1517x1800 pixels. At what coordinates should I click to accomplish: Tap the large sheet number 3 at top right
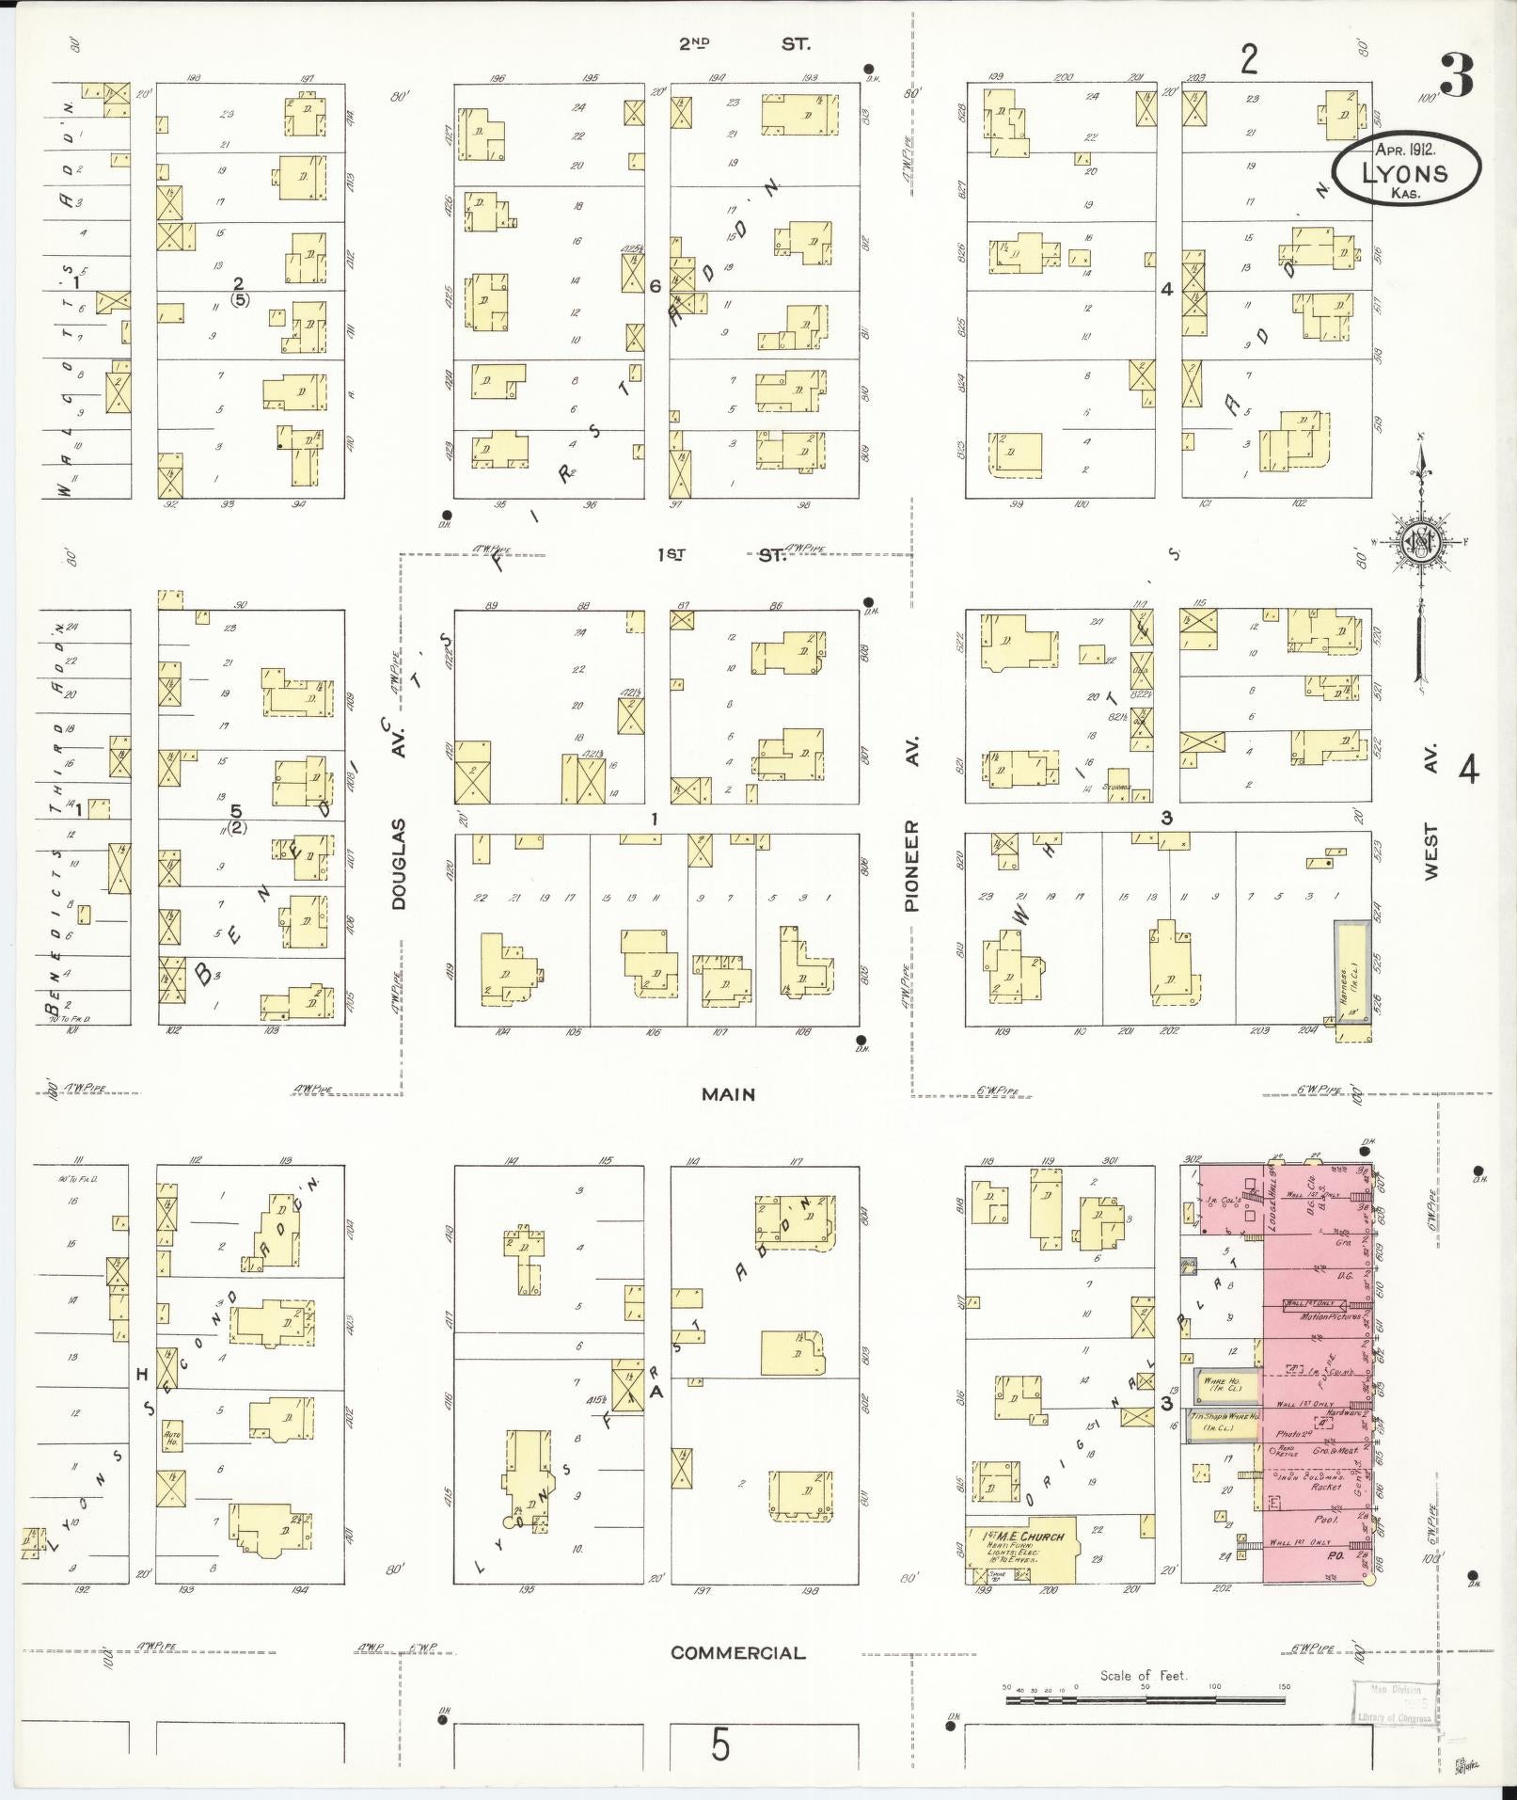pos(1455,77)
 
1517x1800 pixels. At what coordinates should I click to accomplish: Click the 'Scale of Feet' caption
pos(1144,1675)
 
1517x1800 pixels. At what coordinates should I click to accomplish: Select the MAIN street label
pos(728,1094)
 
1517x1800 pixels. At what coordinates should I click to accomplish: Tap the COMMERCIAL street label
pos(737,1652)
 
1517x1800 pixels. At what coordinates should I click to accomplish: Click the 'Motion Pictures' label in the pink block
pos(1329,1315)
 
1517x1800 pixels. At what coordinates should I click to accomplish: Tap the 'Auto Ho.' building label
pos(171,1435)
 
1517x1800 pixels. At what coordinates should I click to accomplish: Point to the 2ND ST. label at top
pos(743,43)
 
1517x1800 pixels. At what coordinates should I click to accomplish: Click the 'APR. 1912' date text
pos(1404,149)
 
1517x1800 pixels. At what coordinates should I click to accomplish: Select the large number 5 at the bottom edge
pos(719,1746)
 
